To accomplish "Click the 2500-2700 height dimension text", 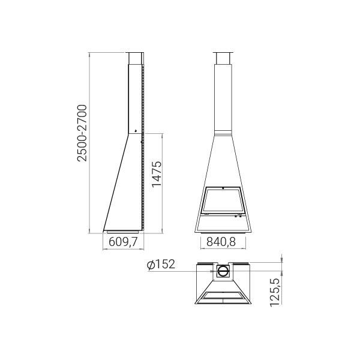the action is click(82, 133).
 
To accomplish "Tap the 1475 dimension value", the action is click(157, 174).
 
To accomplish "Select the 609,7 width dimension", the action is click(123, 242).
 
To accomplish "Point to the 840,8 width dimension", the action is click(221, 242).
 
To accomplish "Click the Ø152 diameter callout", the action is click(161, 264).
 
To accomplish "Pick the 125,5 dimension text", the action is click(275, 292).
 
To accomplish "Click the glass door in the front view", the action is click(222, 200).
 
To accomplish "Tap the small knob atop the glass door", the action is click(223, 188).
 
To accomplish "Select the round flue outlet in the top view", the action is click(222, 271).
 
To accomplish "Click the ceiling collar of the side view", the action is click(135, 59).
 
